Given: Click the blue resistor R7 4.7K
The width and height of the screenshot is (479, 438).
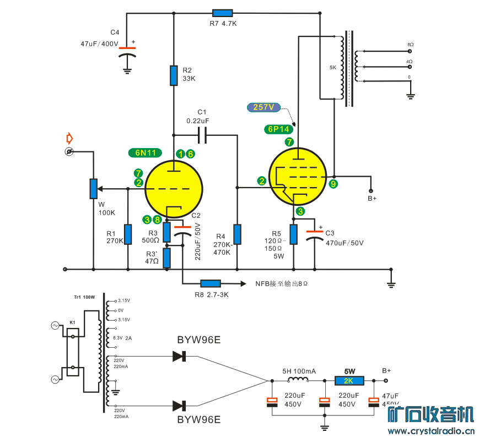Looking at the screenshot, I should [x=222, y=13].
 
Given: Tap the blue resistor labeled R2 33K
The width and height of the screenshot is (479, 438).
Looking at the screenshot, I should [x=174, y=75].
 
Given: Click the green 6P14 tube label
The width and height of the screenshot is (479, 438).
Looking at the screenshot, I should [x=277, y=129].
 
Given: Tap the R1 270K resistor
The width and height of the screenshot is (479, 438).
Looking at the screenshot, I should [x=128, y=234].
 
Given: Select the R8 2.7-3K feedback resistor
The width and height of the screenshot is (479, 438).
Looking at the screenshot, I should [x=211, y=283].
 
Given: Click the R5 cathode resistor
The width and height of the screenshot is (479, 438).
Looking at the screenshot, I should [x=293, y=234].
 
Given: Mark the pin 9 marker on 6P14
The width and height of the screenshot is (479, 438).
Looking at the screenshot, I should [x=333, y=184].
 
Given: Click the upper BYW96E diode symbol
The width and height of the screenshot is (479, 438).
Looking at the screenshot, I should [x=179, y=356].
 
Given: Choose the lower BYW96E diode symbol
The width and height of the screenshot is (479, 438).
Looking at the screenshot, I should [x=179, y=406].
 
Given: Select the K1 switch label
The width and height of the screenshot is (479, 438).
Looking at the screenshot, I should [x=72, y=322].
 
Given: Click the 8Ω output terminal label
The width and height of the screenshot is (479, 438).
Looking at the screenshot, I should [x=410, y=44].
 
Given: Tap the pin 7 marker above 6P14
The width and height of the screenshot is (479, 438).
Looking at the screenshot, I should [x=289, y=142].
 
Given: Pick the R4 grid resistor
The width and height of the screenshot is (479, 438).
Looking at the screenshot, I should [x=237, y=234].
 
